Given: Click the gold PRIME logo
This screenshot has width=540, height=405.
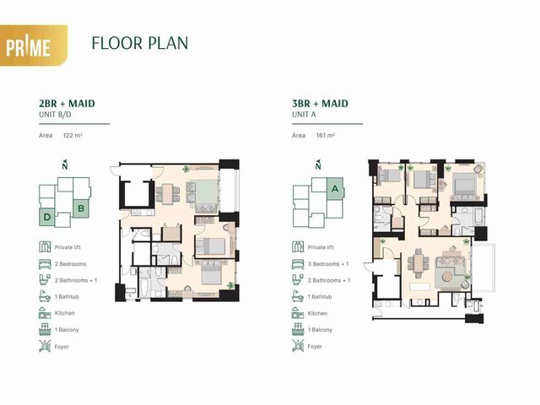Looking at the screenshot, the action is (x=33, y=45).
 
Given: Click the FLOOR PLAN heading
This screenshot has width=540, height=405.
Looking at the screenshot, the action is (x=140, y=43).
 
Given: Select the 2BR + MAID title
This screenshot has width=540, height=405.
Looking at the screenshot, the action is (x=67, y=103).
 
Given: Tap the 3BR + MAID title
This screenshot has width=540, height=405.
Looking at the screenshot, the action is (x=320, y=103).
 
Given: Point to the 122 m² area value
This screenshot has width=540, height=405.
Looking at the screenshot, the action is (x=73, y=135).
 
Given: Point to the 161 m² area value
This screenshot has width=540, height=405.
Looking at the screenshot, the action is (x=326, y=135).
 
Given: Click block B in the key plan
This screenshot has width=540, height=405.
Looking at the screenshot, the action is (x=81, y=208).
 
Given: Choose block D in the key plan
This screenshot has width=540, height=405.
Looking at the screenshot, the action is (x=47, y=217).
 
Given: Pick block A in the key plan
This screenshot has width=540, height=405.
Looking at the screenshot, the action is (x=335, y=188).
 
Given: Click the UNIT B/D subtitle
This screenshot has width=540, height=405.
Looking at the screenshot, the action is (x=55, y=115).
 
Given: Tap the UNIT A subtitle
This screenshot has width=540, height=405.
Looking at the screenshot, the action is (x=304, y=115).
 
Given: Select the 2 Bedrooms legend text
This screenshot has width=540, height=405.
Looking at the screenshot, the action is (x=71, y=264).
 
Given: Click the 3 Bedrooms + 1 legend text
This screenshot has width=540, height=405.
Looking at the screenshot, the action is (x=328, y=264).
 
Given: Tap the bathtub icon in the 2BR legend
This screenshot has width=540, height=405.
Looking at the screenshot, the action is (x=45, y=296).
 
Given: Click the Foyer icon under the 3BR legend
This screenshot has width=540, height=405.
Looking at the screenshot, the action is (x=298, y=346).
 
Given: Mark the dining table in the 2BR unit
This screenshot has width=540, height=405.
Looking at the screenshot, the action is (x=168, y=194).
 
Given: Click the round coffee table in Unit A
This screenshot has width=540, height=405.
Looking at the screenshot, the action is (x=448, y=277).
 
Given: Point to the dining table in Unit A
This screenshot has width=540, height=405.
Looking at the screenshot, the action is (x=418, y=263).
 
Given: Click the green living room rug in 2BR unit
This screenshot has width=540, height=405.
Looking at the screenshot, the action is (x=204, y=192).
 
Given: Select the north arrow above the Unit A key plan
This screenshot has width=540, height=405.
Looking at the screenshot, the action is (x=318, y=165).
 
